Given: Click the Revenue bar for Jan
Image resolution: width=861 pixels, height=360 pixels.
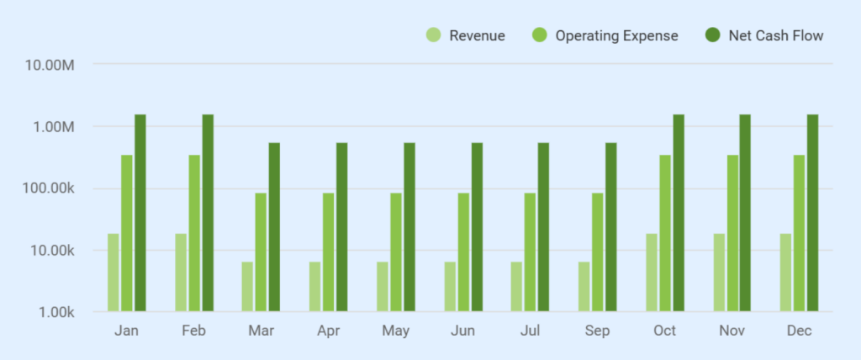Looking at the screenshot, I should point(113,273).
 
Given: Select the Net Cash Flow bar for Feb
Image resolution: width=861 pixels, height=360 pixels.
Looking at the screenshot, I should point(208,213).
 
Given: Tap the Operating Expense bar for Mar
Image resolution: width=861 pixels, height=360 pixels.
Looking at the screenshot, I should point(261,252).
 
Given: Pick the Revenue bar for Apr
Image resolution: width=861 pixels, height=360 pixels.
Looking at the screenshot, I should point(314,287).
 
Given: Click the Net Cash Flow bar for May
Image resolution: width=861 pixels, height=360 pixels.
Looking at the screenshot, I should point(409,227).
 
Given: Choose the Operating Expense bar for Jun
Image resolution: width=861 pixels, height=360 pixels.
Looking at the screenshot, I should point(463,252).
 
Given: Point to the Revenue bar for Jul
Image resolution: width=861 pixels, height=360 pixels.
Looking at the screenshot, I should point(516,287).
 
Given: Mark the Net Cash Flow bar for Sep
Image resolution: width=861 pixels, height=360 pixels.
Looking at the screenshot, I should point(611,227).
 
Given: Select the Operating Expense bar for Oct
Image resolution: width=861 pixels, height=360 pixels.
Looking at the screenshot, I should point(665,233).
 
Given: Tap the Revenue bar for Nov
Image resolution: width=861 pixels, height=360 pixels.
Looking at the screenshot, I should point(719,273).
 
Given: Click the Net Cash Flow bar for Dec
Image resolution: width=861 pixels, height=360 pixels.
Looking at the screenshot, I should point(813,213).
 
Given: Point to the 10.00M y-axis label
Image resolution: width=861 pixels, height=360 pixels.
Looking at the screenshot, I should point(52,65).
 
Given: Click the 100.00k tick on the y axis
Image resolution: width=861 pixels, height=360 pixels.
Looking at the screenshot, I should point(50,188).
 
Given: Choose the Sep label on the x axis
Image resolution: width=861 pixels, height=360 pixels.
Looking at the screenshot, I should point(598,331).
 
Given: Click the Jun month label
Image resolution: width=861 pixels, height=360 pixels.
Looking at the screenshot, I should point(463,331).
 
